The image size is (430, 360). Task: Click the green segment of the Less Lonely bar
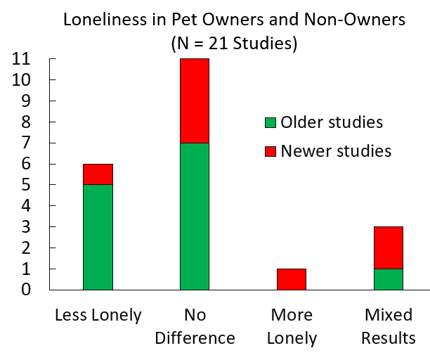(x=98, y=237)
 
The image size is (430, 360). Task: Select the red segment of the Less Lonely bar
(x=98, y=174)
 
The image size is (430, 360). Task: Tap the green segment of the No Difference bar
(x=195, y=216)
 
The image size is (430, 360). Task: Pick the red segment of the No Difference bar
(x=195, y=101)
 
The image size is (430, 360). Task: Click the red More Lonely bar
(x=292, y=279)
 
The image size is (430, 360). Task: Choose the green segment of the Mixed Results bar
(x=388, y=279)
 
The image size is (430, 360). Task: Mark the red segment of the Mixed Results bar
(x=388, y=247)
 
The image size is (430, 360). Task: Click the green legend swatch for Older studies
(x=270, y=123)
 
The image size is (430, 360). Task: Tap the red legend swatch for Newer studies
(x=270, y=151)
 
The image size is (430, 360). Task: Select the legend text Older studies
(x=331, y=122)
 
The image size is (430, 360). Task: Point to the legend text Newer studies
(x=336, y=150)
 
